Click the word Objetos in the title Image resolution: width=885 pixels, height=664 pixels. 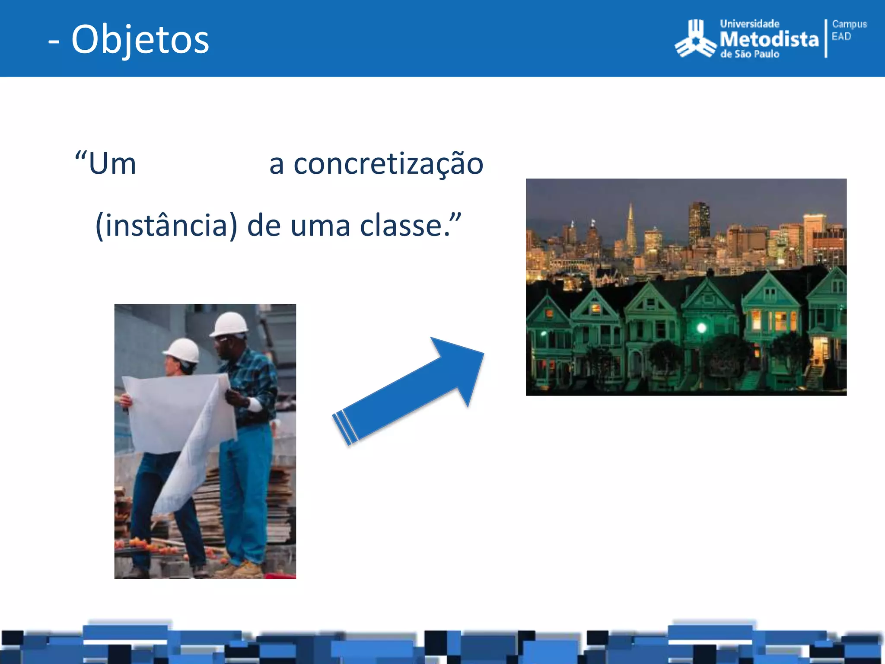pos(140,40)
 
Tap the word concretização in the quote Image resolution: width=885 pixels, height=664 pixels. pos(388,164)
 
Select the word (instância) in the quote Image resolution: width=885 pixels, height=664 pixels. pos(166,226)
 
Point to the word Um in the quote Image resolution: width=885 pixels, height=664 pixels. pos(112,164)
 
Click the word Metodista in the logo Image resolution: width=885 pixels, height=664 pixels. pos(769,39)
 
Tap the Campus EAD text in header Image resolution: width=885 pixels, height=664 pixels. pos(849,30)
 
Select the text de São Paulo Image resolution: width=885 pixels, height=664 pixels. pos(750,54)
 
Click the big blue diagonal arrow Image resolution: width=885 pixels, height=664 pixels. pos(411,389)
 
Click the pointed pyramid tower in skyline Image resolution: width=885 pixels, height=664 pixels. pos(631,229)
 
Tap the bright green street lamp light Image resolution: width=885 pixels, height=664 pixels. pos(701,328)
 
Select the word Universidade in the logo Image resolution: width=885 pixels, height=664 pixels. pos(750,24)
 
